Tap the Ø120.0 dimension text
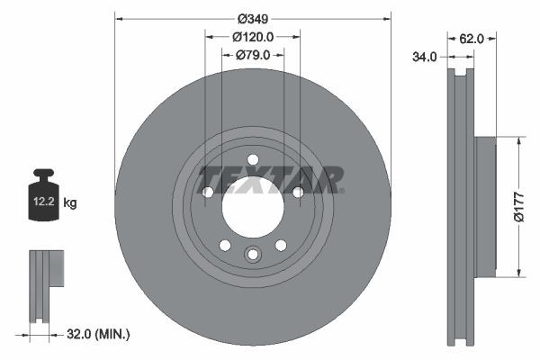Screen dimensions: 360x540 (253, 37)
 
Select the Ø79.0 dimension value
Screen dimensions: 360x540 (253, 55)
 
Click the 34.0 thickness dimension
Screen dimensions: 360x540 (425, 56)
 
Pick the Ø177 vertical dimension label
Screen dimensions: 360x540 (519, 207)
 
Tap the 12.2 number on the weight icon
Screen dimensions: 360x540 (42, 203)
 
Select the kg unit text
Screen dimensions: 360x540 (70, 203)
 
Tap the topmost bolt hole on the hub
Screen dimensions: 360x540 (253, 159)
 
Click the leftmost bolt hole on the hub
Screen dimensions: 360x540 (208, 192)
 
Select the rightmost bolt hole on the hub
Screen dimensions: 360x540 (298, 192)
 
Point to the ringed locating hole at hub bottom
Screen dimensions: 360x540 (253, 255)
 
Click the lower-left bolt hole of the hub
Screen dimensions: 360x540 (225, 245)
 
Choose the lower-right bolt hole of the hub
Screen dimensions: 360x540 (281, 245)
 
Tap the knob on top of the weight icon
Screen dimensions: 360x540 (42, 175)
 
